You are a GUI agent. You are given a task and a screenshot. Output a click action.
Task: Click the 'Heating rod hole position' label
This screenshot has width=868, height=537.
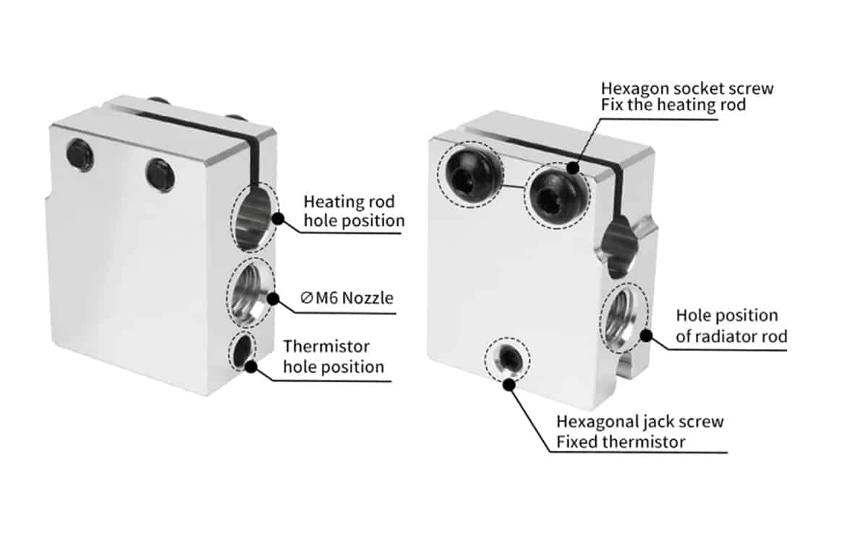click(x=353, y=210)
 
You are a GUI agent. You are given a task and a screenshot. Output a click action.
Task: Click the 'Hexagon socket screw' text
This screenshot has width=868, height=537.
click(x=686, y=88)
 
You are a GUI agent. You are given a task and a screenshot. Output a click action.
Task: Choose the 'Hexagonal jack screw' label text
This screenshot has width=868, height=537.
click(x=639, y=420)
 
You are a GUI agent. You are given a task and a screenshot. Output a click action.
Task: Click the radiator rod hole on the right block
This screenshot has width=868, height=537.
click(x=624, y=318)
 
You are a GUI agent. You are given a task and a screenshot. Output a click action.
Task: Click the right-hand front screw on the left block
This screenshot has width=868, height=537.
click(x=160, y=174)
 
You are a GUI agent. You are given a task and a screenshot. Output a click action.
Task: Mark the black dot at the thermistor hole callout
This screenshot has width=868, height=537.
click(x=251, y=366)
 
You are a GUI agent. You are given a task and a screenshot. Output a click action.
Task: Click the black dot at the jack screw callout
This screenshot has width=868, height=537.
click(x=509, y=385)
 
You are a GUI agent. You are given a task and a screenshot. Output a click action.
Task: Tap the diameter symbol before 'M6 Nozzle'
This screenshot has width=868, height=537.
click(x=306, y=297)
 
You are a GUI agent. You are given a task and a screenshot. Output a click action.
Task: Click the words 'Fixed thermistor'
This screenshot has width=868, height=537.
click(x=621, y=441)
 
